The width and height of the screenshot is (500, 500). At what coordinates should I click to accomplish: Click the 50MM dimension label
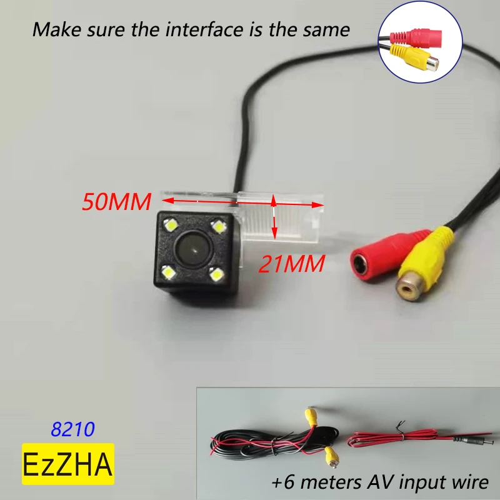tap(117, 202)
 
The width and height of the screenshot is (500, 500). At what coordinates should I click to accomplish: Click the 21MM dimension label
tap(291, 264)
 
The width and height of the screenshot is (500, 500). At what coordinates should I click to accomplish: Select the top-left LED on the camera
tap(170, 223)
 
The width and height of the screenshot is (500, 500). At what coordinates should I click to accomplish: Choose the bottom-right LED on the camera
tap(216, 274)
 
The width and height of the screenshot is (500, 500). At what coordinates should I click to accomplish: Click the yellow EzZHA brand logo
tap(69, 464)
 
